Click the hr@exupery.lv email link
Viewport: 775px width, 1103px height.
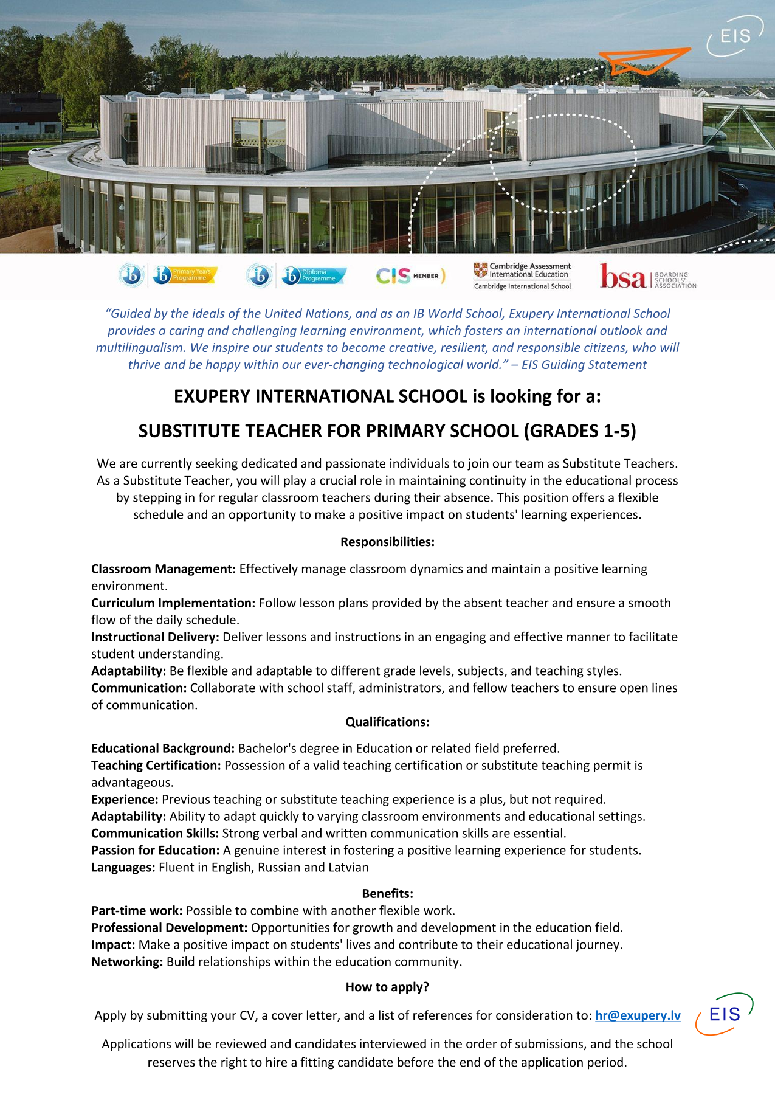pos(638,1015)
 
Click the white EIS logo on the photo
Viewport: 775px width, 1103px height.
pos(735,37)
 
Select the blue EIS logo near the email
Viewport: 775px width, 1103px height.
pos(725,1014)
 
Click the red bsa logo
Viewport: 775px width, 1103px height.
pos(622,276)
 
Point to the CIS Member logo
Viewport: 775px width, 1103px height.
pos(410,276)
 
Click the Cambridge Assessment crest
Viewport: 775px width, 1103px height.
pos(481,270)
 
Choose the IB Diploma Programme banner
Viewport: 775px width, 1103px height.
pos(314,275)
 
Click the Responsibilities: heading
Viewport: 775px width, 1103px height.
pos(387,542)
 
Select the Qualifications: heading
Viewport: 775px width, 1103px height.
pos(387,722)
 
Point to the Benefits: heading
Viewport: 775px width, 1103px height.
pos(387,893)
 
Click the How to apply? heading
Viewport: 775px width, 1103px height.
pos(387,987)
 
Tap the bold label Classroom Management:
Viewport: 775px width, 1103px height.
pos(163,569)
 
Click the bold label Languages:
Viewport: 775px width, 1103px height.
pos(123,867)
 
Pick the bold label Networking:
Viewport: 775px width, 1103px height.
pos(126,961)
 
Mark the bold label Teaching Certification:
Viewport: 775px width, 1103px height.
pos(156,765)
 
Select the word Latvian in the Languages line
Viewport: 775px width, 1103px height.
pos(348,867)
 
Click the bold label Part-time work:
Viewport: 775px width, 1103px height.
pos(136,910)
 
